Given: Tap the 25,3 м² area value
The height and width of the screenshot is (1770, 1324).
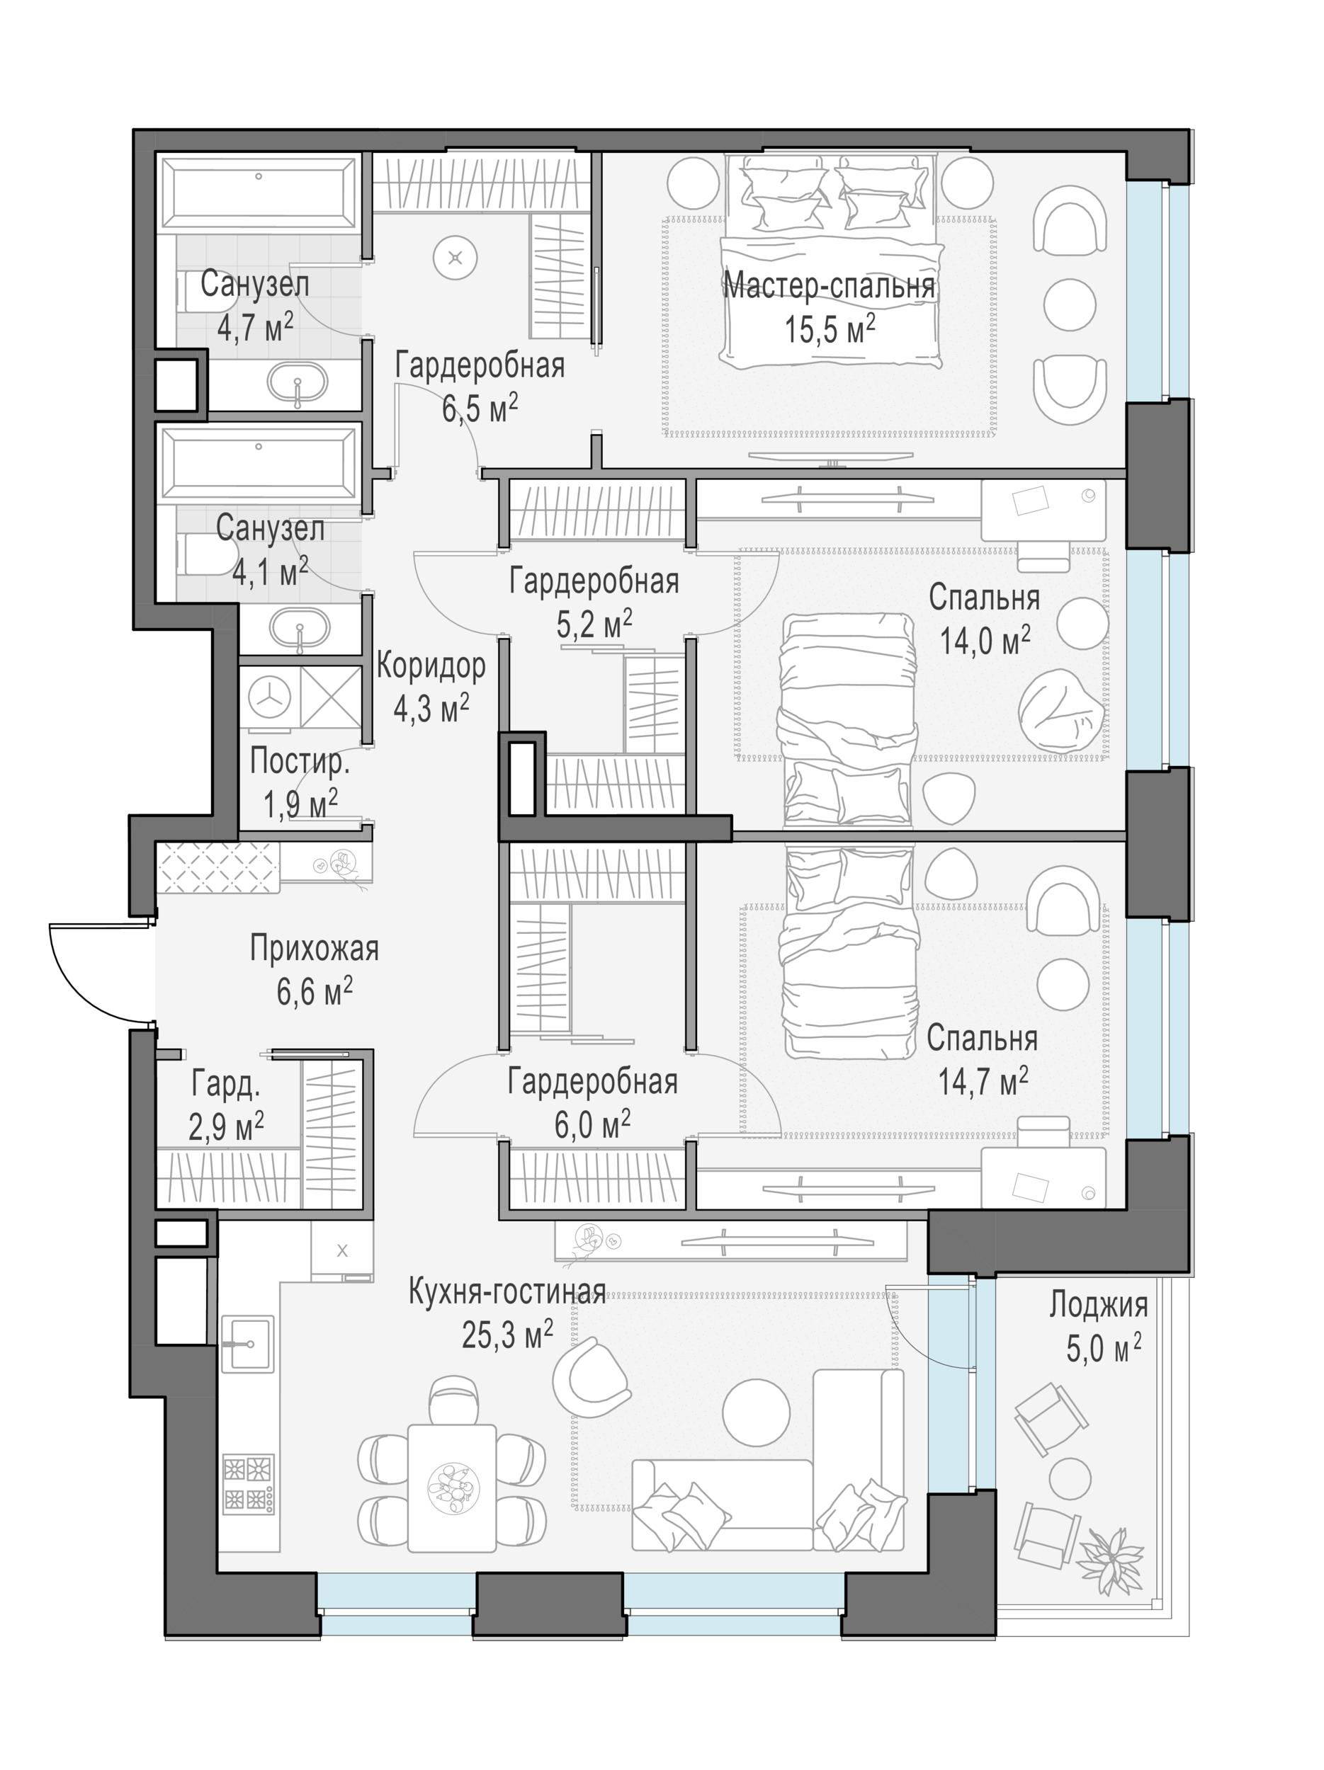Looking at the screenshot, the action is [507, 1334].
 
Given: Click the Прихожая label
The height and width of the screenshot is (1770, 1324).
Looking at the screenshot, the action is [314, 949].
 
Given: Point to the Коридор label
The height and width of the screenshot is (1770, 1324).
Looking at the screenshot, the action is [431, 666].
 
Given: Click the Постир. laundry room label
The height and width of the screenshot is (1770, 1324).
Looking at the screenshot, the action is [300, 761].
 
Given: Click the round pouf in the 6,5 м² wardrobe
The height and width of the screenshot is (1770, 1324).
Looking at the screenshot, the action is [456, 258].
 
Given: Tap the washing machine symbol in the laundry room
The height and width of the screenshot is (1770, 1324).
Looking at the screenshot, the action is [269, 697].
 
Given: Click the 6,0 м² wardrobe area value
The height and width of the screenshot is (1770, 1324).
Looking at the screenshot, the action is [592, 1125].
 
